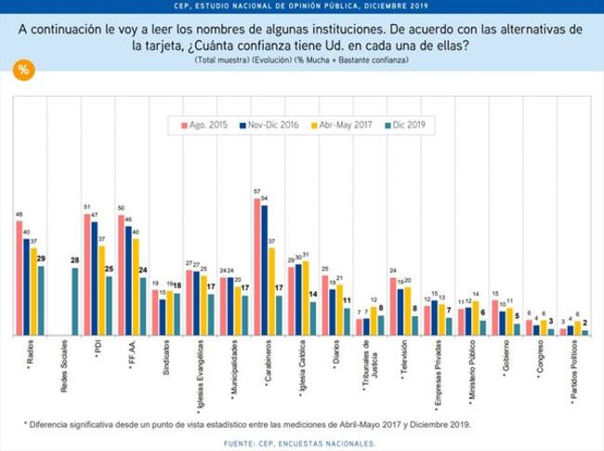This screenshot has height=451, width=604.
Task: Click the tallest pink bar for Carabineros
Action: point(257,266)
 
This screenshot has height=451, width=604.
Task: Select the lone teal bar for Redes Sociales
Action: point(75,301)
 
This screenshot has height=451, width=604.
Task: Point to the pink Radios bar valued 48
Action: point(20,277)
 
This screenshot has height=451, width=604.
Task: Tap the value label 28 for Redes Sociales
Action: point(75,261)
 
